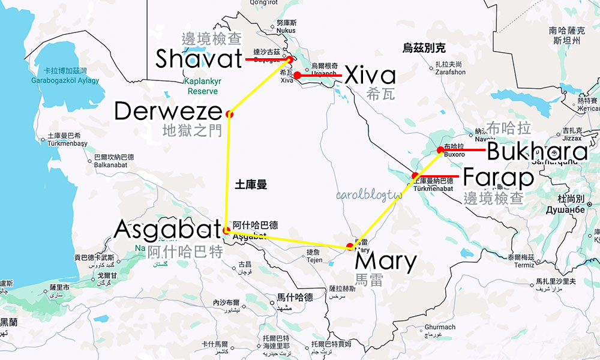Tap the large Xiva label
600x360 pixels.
coord(371,76)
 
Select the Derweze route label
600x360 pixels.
coord(167,111)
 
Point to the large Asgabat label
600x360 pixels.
coord(167,229)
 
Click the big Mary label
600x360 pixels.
coord(385,262)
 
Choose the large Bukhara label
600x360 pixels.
coord(537,152)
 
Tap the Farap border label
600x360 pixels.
coord(498,178)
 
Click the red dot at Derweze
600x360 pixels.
coord(229,114)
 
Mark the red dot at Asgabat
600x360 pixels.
coord(226,230)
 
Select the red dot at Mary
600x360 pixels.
coord(350,247)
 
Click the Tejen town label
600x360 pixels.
coord(313,260)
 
